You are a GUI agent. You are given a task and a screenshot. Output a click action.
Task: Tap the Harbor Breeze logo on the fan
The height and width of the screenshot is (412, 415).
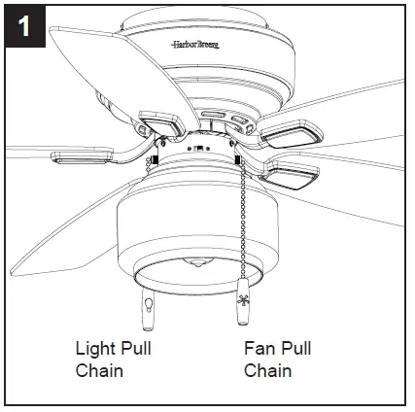(197, 45)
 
